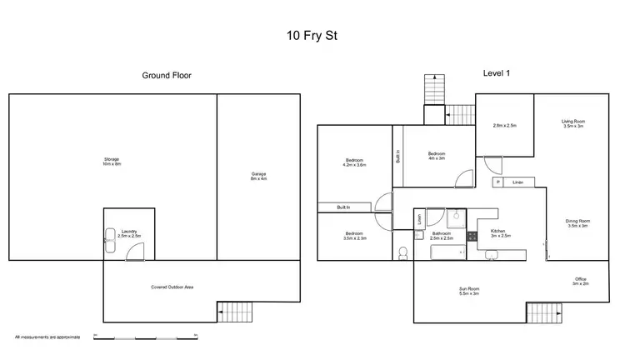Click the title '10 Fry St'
coord(312,37)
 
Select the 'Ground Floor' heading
coord(167,75)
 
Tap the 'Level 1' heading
coord(497,73)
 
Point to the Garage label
coord(258,176)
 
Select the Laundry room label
coord(129,234)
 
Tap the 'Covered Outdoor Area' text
coord(172,287)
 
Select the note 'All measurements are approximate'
coord(47,337)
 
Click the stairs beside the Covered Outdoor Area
coord(232,312)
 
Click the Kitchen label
coord(498,233)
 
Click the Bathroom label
coord(442,235)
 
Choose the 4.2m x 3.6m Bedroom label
coord(355,162)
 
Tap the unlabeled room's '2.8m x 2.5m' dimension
coord(505,125)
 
